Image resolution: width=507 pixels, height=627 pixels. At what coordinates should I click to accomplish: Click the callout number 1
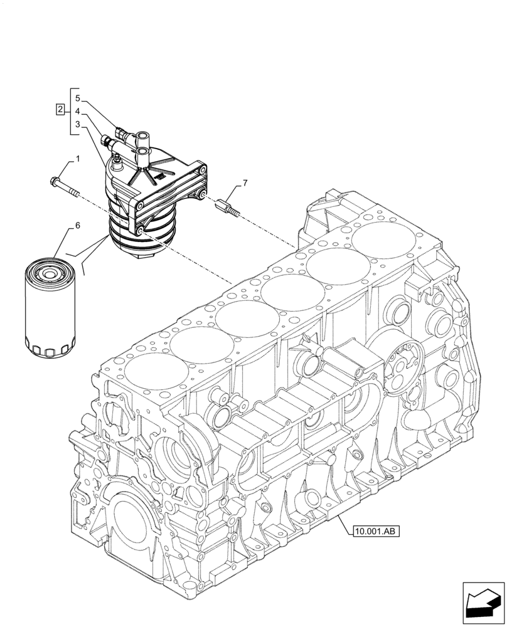pyautogui.click(x=78, y=161)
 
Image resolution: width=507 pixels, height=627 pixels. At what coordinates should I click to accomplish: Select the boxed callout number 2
pyautogui.click(x=60, y=111)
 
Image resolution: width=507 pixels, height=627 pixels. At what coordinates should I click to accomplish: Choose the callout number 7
pyautogui.click(x=245, y=183)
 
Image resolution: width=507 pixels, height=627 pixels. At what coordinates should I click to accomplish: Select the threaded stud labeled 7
pyautogui.click(x=230, y=206)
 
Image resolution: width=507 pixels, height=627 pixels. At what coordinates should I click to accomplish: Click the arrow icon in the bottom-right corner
pyautogui.click(x=483, y=603)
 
